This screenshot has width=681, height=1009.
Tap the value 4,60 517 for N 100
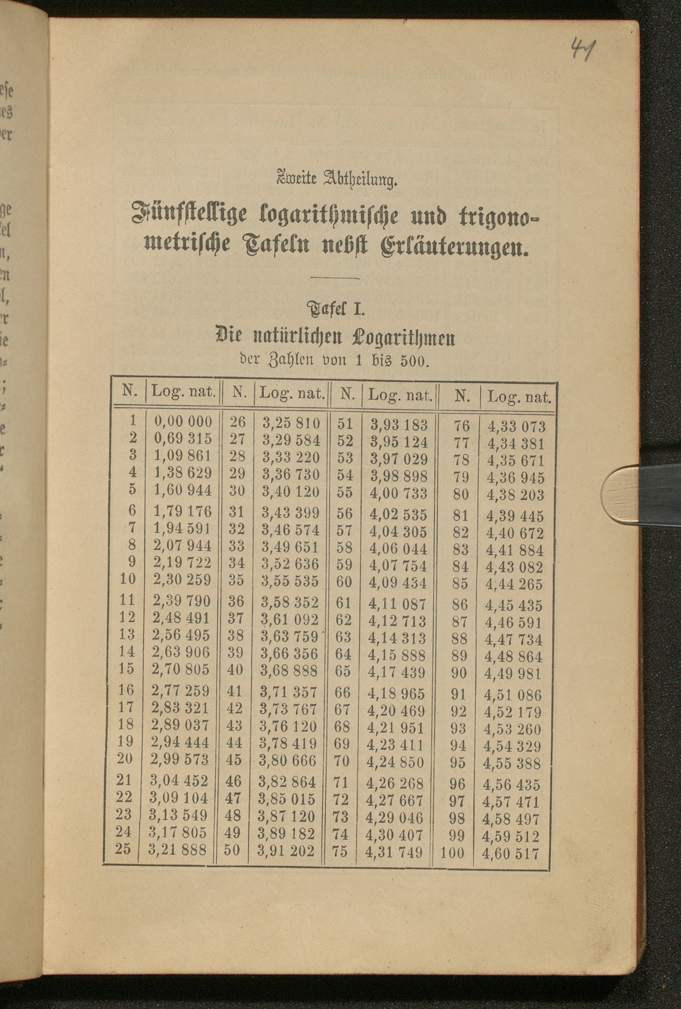click(511, 853)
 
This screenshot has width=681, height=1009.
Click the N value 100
click(452, 852)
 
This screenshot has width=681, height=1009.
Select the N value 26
click(238, 422)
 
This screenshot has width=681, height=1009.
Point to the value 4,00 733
click(399, 494)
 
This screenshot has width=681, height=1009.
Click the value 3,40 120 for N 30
click(291, 491)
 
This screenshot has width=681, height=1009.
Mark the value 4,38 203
click(515, 496)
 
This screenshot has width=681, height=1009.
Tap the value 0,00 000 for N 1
click(183, 421)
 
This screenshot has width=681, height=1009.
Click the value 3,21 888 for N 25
click(178, 849)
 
